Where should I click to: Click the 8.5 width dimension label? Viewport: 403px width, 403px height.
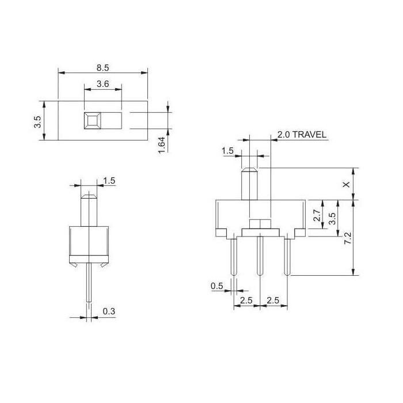pyautogui.click(x=102, y=67)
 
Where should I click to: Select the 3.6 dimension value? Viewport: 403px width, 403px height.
pyautogui.click(x=102, y=84)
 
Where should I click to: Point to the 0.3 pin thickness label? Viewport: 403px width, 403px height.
pyautogui.click(x=108, y=311)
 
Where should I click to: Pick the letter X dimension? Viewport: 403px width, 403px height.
pyautogui.click(x=345, y=184)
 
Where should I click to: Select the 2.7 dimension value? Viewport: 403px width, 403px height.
pyautogui.click(x=316, y=216)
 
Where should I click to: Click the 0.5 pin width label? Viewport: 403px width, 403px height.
pyautogui.click(x=217, y=286)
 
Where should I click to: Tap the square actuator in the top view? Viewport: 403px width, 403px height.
pyautogui.click(x=92, y=120)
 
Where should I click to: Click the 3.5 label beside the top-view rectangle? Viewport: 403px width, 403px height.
pyautogui.click(x=37, y=121)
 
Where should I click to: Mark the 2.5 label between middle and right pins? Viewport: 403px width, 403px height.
pyautogui.click(x=274, y=300)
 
